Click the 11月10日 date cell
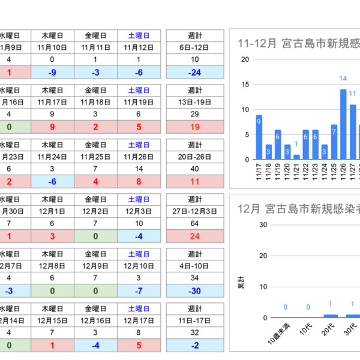click(52, 47)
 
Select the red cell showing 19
click(194, 127)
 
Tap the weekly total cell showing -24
click(194, 72)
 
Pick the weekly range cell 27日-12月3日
click(194, 211)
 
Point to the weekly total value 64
click(194, 223)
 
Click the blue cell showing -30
click(194, 290)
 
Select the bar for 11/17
click(259, 137)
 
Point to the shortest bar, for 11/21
click(296, 157)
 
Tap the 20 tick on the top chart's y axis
click(245, 59)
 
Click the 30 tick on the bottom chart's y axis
click(245, 224)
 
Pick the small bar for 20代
click(331, 316)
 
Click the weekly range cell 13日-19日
click(194, 102)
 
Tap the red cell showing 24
click(194, 236)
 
